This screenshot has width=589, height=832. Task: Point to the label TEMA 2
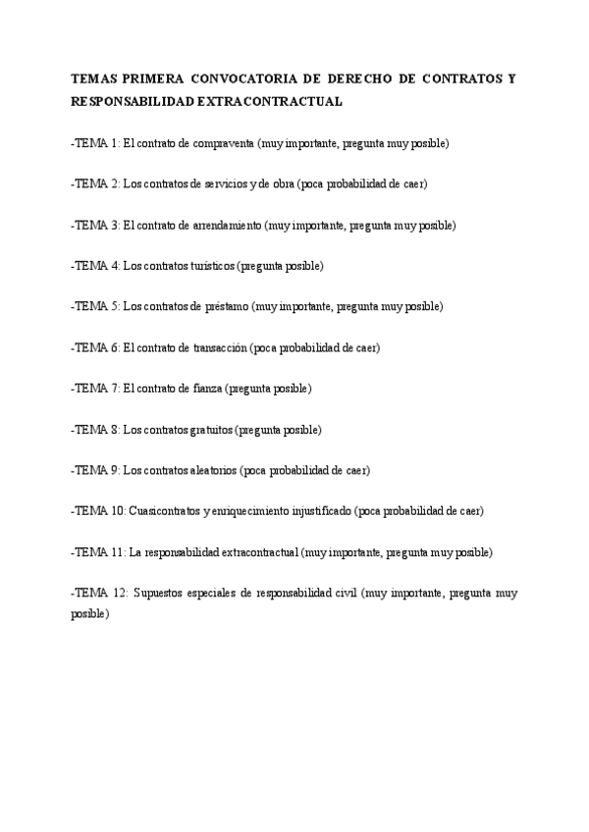[x=96, y=184]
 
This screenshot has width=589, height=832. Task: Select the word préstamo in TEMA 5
[x=227, y=307]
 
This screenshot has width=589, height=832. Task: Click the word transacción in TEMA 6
[x=221, y=347]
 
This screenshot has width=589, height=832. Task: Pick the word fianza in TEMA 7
[x=205, y=389]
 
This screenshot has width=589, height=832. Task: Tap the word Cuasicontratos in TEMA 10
[x=163, y=511]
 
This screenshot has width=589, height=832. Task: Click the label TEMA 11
[x=98, y=552]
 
